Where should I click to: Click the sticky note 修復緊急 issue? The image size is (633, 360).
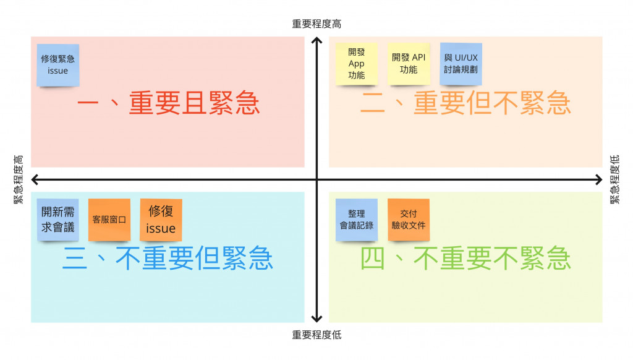(x=57, y=64)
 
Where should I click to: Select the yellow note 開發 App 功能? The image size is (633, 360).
(x=356, y=64)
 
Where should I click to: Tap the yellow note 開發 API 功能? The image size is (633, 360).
(x=409, y=64)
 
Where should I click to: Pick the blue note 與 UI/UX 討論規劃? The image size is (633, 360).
(x=461, y=64)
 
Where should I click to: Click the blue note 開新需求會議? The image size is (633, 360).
(x=57, y=220)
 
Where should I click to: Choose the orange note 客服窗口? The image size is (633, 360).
(x=109, y=220)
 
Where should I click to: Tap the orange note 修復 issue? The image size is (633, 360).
(x=161, y=220)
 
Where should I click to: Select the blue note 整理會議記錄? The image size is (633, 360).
(x=357, y=220)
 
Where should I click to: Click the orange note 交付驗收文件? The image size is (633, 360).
(x=409, y=220)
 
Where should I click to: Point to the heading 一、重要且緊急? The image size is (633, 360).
(x=168, y=103)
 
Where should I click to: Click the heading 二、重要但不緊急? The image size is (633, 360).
(x=465, y=103)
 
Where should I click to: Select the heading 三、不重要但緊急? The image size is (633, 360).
(x=168, y=259)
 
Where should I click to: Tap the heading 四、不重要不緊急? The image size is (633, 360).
(x=465, y=259)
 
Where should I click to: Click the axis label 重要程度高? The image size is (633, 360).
(x=316, y=24)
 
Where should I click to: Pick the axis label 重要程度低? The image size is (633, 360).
(x=316, y=335)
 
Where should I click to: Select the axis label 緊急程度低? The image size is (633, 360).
(x=614, y=179)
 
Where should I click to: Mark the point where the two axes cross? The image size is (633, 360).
(x=316, y=179)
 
